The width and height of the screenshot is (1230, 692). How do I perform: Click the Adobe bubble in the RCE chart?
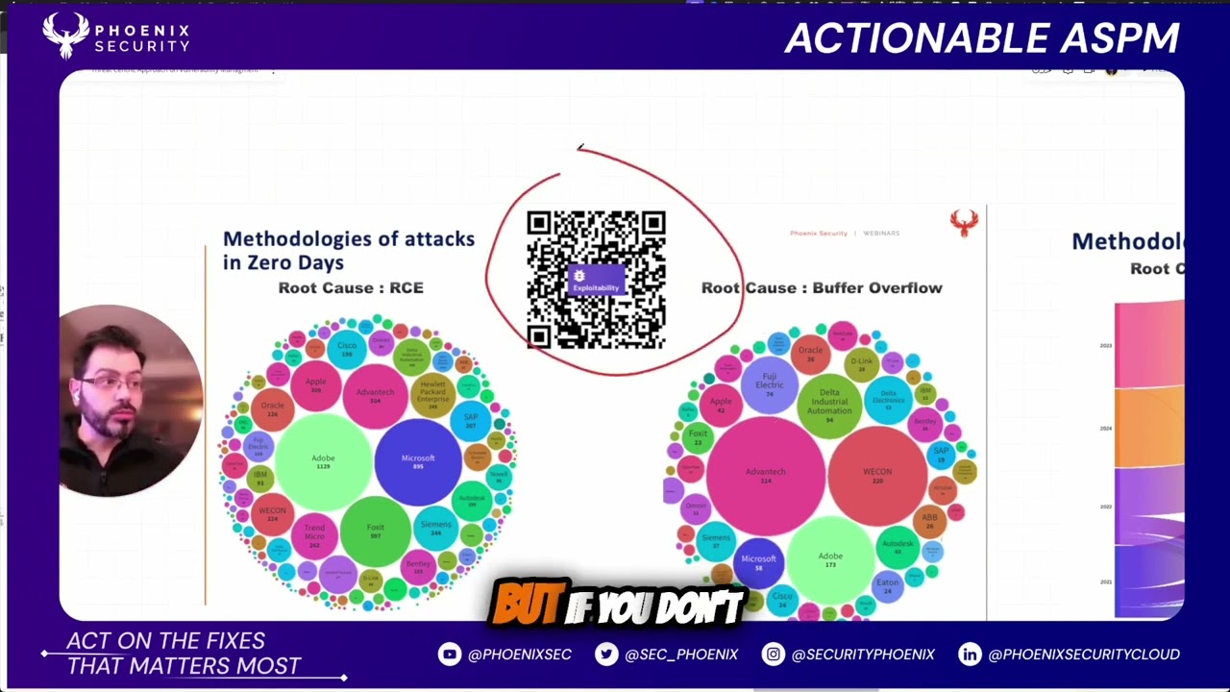(x=323, y=461)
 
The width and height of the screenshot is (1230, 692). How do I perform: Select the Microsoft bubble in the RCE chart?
(x=418, y=461)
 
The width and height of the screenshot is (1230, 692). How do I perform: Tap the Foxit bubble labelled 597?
(x=376, y=531)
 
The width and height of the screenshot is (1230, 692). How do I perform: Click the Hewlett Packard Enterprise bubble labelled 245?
(x=432, y=393)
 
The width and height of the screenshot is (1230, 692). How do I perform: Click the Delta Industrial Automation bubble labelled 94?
(x=829, y=401)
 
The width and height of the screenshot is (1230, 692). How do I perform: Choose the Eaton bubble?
(x=888, y=584)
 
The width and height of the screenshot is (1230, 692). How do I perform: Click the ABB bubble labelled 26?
(x=929, y=520)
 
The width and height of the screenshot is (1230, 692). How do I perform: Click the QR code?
(x=596, y=280)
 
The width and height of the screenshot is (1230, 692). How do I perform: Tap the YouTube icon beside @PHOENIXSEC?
(x=449, y=655)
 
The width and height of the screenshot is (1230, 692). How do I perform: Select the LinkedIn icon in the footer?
(x=970, y=655)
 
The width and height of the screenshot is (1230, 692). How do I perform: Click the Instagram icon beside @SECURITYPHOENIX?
(x=773, y=655)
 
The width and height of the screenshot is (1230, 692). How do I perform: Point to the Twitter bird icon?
(x=606, y=655)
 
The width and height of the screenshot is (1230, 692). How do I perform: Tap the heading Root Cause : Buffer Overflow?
(x=822, y=287)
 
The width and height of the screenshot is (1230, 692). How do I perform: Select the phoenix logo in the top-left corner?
(x=65, y=36)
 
